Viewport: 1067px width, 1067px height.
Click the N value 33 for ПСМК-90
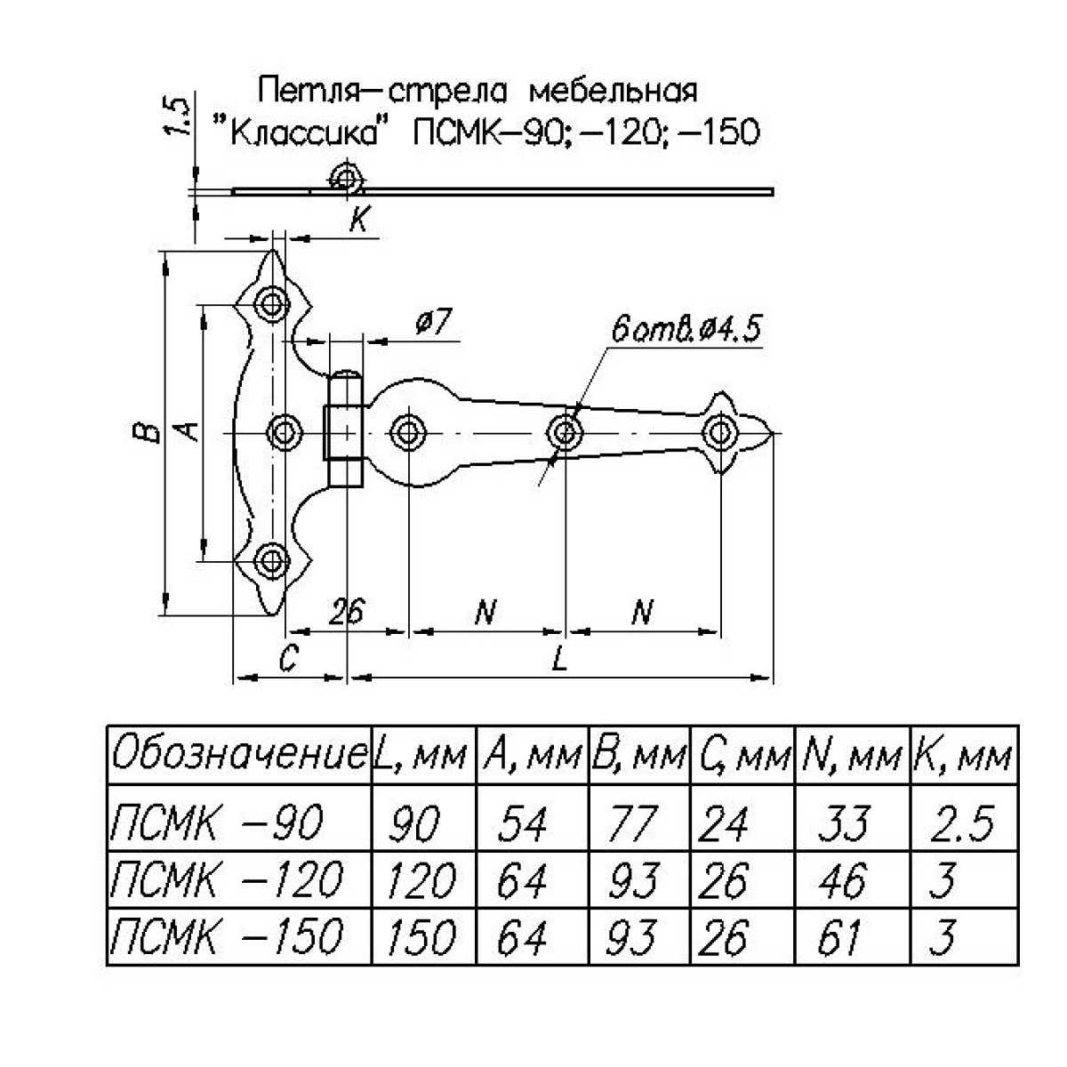(844, 822)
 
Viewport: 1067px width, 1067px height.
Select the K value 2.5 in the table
(962, 822)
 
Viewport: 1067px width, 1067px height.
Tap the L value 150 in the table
(421, 937)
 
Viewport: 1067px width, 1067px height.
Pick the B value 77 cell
(631, 822)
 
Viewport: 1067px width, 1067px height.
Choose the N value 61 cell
(839, 937)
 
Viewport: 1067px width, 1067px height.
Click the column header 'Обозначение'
(239, 754)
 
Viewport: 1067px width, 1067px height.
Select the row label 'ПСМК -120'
(226, 879)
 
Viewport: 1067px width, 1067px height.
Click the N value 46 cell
(842, 879)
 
